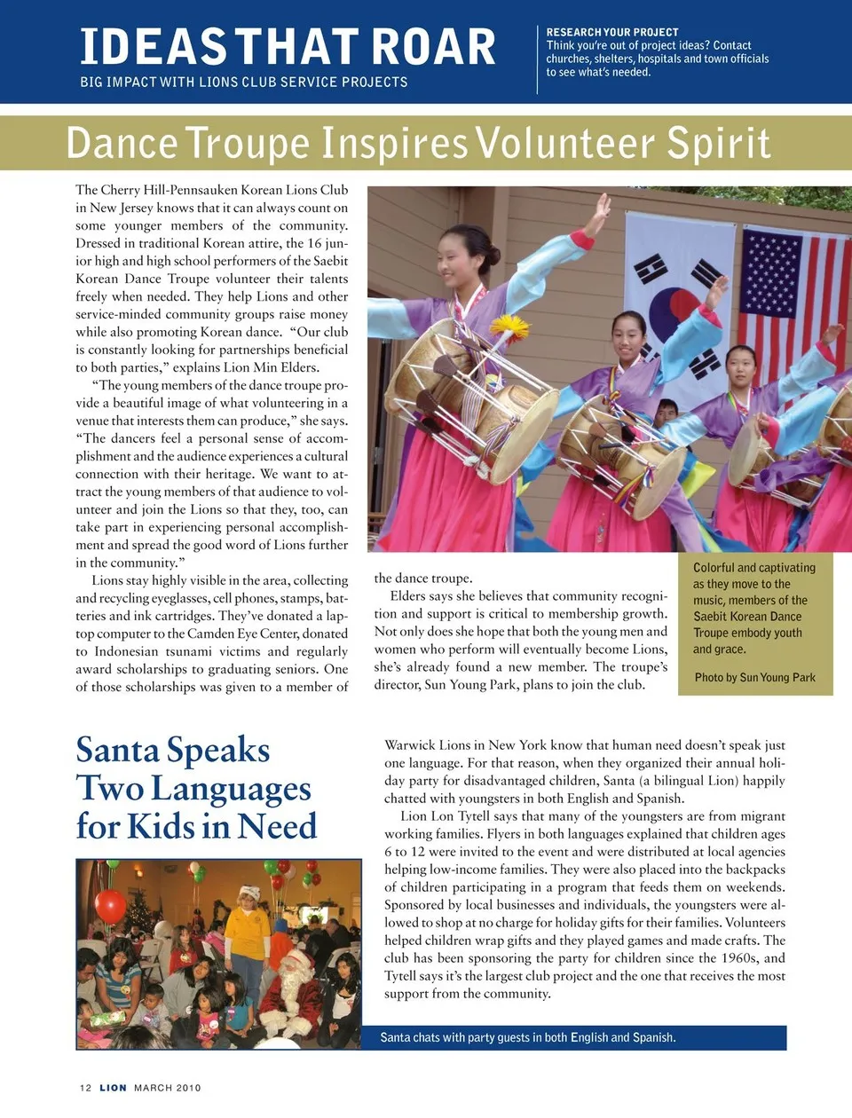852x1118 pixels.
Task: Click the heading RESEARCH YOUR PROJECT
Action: [612, 32]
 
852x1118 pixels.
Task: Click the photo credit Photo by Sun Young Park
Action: [754, 677]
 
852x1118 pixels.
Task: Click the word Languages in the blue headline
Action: [231, 789]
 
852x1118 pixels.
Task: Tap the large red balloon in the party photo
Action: [110, 907]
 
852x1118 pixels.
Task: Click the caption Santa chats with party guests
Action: [527, 1037]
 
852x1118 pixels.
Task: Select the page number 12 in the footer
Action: [85, 1088]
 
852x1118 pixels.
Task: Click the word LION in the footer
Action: [113, 1088]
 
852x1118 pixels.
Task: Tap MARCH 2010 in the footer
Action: [167, 1088]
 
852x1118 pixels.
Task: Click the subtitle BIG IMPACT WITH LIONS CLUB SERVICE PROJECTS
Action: [243, 82]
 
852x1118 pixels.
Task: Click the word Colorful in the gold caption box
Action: [714, 568]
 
